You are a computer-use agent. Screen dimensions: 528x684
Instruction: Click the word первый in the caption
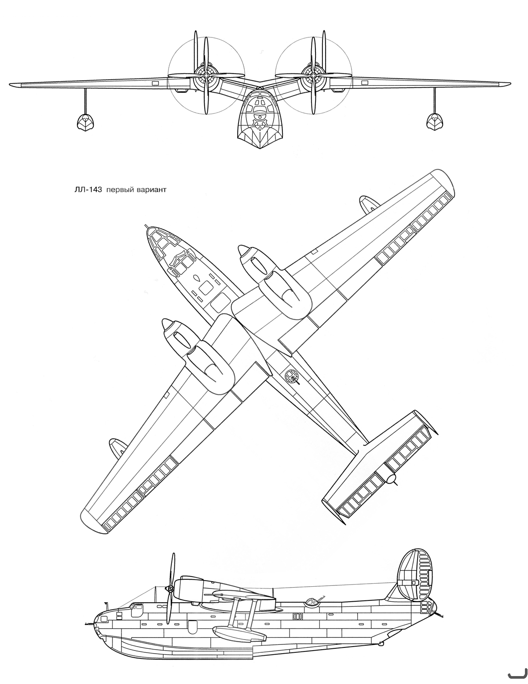[x=119, y=191]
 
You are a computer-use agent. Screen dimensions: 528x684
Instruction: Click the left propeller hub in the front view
[x=206, y=76]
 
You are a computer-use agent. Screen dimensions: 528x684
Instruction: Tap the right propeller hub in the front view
[x=313, y=76]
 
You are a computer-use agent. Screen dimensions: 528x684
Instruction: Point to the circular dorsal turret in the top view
[x=291, y=375]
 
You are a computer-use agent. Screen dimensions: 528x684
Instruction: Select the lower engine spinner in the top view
[x=167, y=324]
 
